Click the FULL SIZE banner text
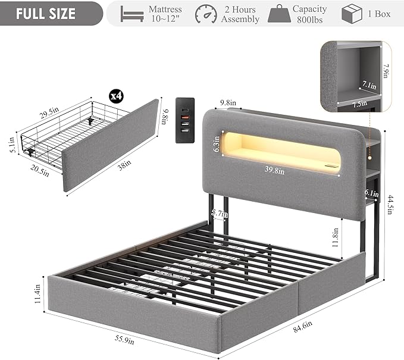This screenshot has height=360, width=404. [x=46, y=14]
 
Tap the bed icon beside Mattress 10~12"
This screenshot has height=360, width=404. [x=132, y=14]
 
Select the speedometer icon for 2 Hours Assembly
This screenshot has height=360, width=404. [x=206, y=14]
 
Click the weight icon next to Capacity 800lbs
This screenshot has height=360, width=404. [x=279, y=14]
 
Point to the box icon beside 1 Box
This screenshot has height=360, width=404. [x=352, y=14]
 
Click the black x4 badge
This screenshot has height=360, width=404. [x=116, y=96]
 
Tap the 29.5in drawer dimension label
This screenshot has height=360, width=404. [x=49, y=112]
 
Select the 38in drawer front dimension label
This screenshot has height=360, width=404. [x=124, y=165]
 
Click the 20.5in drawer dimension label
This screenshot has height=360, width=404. [x=39, y=170]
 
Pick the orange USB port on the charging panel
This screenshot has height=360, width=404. [x=185, y=117]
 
